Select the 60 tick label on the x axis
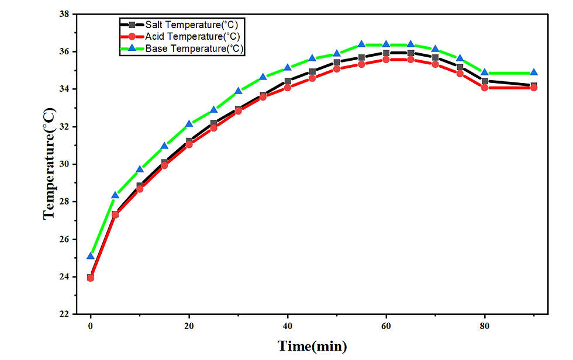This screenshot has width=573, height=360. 386,325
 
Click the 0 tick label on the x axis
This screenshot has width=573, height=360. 91,325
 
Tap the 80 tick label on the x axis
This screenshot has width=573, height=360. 485,325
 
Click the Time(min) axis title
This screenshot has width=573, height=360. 312,346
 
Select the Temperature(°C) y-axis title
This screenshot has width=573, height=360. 49,164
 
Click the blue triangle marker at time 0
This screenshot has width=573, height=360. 91,256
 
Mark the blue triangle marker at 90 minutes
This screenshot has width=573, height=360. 534,73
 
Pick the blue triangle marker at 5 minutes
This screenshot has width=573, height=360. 115,195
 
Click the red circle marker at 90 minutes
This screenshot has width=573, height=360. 534,88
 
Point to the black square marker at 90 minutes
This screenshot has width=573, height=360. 534,85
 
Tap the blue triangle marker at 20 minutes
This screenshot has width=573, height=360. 189,124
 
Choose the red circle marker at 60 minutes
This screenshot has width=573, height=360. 386,60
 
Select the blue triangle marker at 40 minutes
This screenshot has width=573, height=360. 288,68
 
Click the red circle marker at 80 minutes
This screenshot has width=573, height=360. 485,88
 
